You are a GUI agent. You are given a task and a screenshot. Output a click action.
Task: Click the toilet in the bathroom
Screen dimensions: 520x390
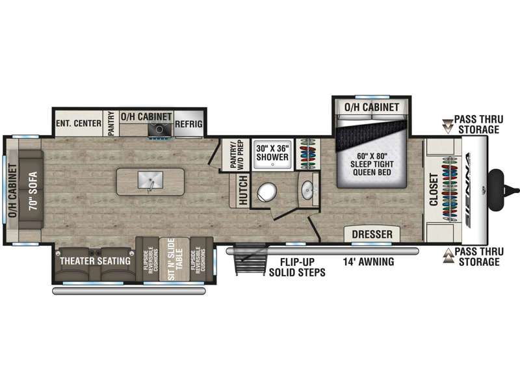pyautogui.click(x=267, y=192)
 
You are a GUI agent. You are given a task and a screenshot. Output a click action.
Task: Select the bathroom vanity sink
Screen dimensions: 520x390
pyautogui.click(x=307, y=190)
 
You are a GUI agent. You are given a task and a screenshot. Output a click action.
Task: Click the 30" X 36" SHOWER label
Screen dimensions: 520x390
pyautogui.click(x=272, y=153)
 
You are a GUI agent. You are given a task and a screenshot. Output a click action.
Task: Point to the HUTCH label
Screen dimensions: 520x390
pyautogui.click(x=243, y=190)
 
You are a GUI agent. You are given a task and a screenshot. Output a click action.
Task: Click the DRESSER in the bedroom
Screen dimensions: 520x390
pyautogui.click(x=372, y=234)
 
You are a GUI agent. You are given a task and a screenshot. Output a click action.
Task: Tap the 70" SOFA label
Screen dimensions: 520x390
pyautogui.click(x=33, y=190)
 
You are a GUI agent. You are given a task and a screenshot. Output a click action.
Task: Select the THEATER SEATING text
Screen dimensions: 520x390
pyautogui.click(x=95, y=261)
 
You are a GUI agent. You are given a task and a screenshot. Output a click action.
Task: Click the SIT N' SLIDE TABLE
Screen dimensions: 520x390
pyautogui.click(x=175, y=259)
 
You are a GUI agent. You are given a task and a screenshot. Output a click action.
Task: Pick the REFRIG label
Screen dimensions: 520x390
pyautogui.click(x=188, y=124)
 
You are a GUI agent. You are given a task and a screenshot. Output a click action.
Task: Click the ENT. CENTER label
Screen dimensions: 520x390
pyautogui.click(x=79, y=123)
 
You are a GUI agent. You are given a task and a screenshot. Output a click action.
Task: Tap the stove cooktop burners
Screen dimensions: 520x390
pyautogui.click(x=159, y=129)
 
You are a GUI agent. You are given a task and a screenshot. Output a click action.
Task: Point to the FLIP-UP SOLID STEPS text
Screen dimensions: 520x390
pyautogui.click(x=297, y=267)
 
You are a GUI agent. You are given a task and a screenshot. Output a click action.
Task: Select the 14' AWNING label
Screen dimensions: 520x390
pyautogui.click(x=369, y=262)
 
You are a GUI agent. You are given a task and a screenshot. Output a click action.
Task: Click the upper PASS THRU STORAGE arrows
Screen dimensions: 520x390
pyautogui.click(x=447, y=126)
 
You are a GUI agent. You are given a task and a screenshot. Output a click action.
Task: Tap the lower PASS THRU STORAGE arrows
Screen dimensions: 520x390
pyautogui.click(x=448, y=256)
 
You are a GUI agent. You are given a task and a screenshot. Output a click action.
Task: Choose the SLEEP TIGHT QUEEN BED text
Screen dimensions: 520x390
pyautogui.click(x=372, y=168)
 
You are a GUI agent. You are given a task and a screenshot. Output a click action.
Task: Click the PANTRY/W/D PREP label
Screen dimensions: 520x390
pyautogui.click(x=237, y=154)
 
